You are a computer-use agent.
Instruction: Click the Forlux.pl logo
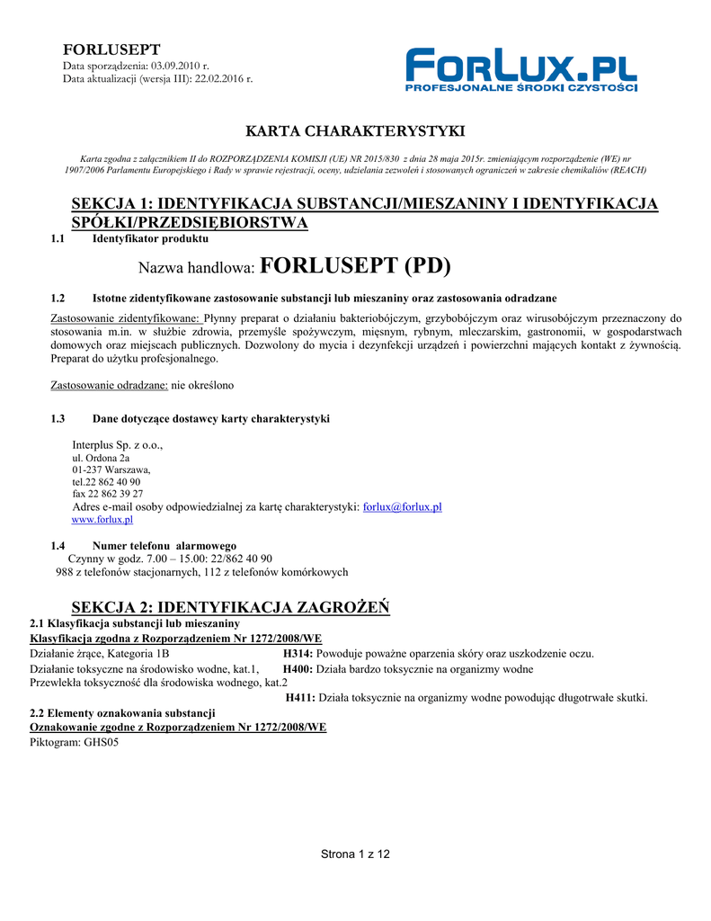(520, 70)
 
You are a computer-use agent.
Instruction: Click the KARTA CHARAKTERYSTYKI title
(355, 132)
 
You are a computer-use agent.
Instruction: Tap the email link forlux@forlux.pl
(402, 507)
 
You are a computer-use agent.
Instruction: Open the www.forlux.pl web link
(102, 520)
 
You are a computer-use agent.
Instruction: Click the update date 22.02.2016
(221, 79)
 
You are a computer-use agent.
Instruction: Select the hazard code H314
(297, 654)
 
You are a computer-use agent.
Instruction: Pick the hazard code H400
(297, 669)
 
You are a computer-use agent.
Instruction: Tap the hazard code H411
(300, 697)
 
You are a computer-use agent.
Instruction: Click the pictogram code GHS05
(101, 743)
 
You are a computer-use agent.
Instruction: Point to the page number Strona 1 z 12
(355, 854)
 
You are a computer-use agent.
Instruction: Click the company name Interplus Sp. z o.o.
(117, 445)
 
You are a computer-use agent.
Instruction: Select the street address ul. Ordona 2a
(100, 458)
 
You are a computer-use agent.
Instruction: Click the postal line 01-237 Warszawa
(111, 469)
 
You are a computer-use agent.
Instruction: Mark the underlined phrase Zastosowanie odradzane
(108, 385)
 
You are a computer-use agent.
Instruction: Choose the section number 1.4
(58, 546)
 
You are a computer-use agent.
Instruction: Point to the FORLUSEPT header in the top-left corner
(111, 49)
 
